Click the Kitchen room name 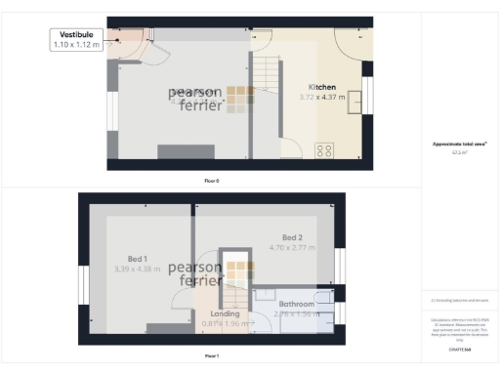(322, 87)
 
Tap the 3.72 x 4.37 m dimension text (322, 97)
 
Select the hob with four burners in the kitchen (323, 150)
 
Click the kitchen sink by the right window (355, 100)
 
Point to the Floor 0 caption (211, 181)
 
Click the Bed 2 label (293, 237)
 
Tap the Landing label (225, 313)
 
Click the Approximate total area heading (459, 145)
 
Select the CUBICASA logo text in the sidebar (459, 347)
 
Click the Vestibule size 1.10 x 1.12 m (76, 45)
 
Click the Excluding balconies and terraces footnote (459, 301)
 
